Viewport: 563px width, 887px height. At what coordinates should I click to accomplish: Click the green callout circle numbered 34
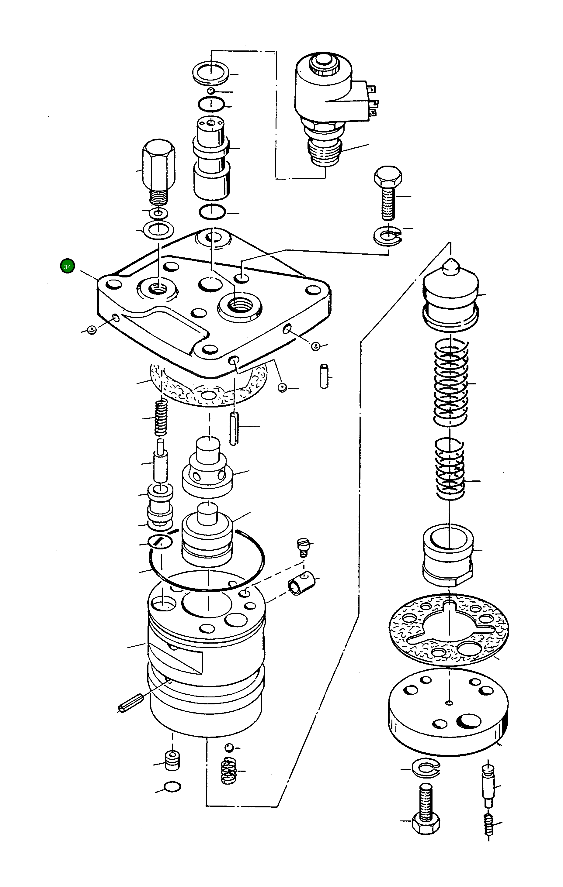coord(67,266)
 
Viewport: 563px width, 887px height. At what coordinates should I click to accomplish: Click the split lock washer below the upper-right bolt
coord(387,236)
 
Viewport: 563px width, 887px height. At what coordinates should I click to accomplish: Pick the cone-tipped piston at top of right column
coord(450,293)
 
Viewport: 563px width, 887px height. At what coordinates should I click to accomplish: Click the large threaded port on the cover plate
coord(240,305)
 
